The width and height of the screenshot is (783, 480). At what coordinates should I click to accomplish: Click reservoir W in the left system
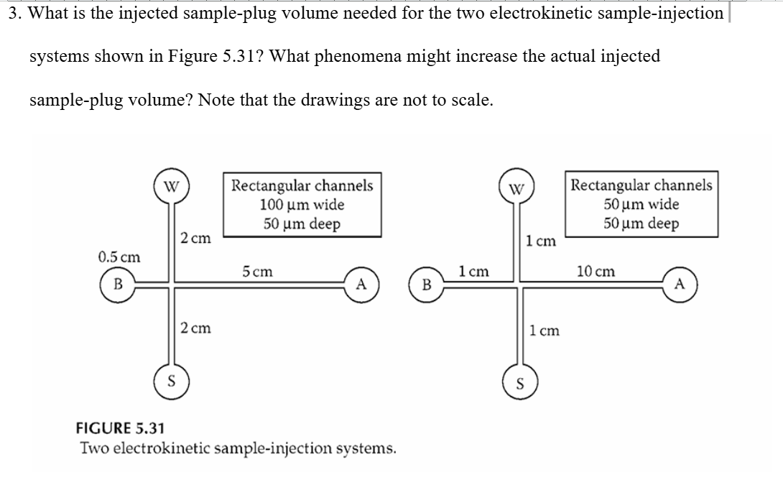[x=171, y=188]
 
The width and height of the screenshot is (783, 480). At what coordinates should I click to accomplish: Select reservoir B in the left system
[x=114, y=285]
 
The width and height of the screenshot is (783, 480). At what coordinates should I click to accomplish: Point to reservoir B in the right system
[x=426, y=285]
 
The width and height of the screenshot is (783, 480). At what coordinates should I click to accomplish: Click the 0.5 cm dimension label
[x=119, y=257]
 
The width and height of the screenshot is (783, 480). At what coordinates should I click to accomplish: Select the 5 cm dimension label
[x=257, y=272]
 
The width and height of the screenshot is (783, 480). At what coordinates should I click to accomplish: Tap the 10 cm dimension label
[x=596, y=272]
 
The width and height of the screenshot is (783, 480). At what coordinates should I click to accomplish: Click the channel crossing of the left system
[x=171, y=285]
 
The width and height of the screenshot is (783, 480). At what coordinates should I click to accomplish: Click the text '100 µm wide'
[x=302, y=205]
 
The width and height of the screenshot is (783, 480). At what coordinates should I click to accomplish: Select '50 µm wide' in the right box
[x=641, y=204]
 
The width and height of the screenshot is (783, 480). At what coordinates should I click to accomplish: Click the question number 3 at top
[x=14, y=14]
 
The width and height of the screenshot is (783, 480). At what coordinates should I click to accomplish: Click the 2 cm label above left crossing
[x=195, y=238]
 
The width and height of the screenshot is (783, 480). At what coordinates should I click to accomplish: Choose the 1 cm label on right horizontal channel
[x=473, y=272]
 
